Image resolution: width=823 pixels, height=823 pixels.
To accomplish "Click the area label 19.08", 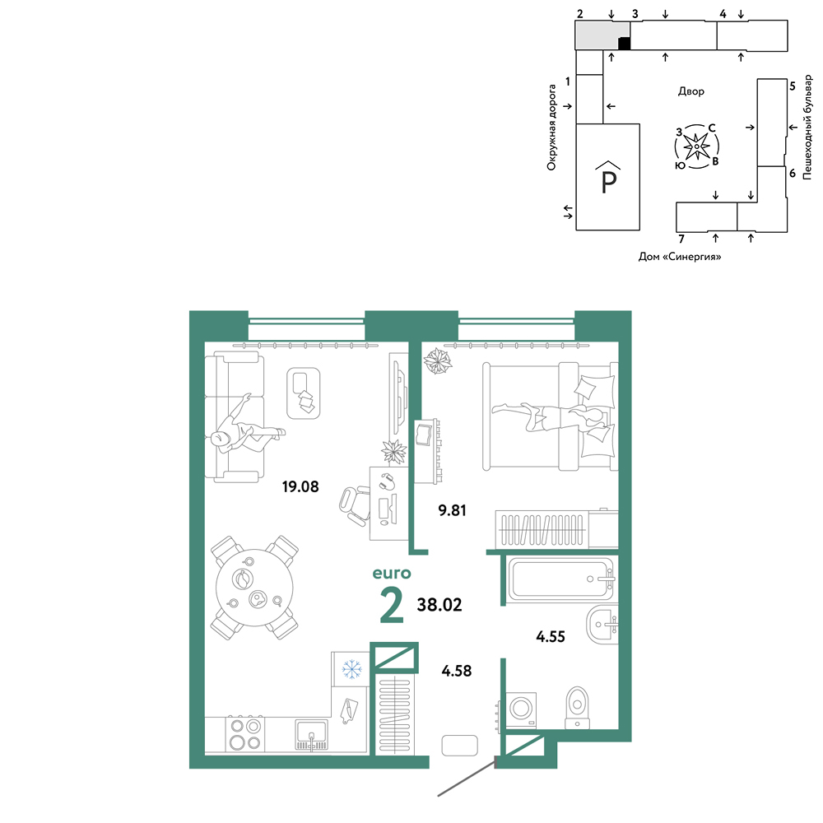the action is click(300, 486).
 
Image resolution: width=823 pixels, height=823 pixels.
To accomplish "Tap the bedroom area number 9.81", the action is click(452, 510).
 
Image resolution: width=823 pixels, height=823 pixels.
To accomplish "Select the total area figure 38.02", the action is click(439, 605).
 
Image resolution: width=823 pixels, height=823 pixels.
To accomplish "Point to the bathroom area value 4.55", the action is click(551, 637).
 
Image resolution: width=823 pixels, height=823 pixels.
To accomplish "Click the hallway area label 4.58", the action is click(457, 671).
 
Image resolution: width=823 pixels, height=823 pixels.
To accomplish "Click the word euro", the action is click(392, 573).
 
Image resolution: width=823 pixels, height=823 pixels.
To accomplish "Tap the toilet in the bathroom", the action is click(577, 708).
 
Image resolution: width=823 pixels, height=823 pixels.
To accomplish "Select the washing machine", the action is click(521, 709).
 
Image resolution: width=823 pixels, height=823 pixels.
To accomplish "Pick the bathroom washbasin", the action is click(602, 625).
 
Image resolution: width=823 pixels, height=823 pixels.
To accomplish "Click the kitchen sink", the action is click(311, 735).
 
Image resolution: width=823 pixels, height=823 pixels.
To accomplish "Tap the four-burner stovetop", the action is click(245, 734).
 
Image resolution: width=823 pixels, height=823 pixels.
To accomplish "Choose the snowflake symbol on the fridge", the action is click(351, 669).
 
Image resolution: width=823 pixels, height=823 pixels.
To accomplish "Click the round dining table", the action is click(254, 588).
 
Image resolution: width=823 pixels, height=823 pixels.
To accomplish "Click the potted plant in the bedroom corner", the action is click(438, 361).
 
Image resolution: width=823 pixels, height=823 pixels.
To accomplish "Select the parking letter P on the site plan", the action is click(608, 183).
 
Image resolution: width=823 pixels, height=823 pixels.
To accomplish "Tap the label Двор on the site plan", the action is click(690, 91).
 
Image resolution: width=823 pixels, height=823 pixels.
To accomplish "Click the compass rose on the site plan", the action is click(696, 147).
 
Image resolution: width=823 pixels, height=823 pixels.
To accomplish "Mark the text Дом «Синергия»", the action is click(680, 257).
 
